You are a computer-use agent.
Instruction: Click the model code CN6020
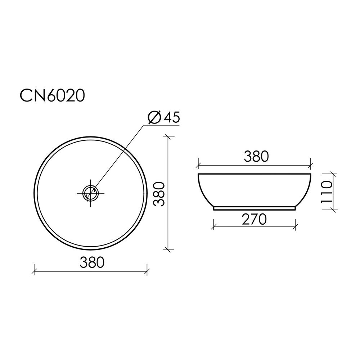pyautogui.click(x=52, y=95)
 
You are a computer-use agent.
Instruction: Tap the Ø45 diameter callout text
pyautogui.click(x=163, y=117)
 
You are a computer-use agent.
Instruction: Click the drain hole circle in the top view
pyautogui.click(x=90, y=193)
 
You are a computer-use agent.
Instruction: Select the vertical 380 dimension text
pyautogui.click(x=159, y=194)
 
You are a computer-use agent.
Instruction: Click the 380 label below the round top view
pyautogui.click(x=92, y=262)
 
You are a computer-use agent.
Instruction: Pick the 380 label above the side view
pyautogui.click(x=256, y=156)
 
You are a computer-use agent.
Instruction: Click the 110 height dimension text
pyautogui.click(x=327, y=192)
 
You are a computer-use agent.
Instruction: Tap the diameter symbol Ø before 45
pyautogui.click(x=154, y=117)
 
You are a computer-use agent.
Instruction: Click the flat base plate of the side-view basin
pyautogui.click(x=255, y=208)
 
